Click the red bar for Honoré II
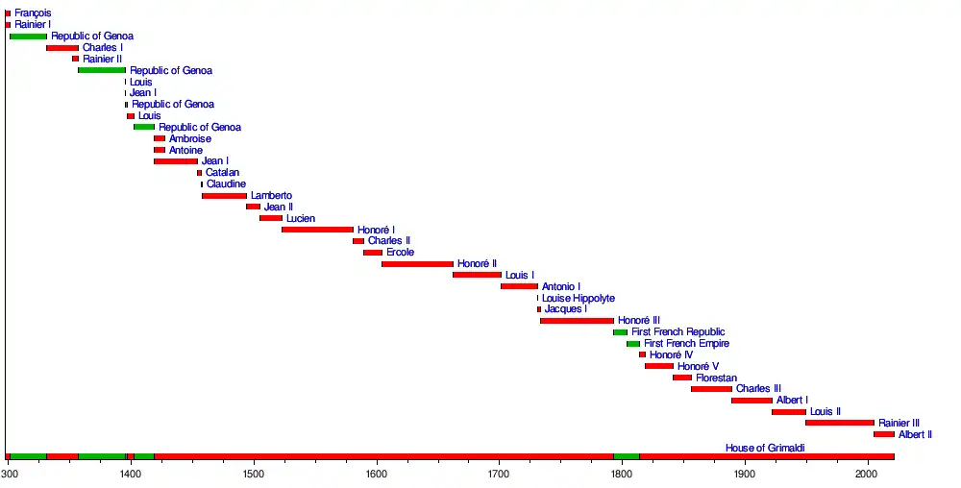pyautogui.click(x=417, y=263)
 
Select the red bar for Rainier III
pyautogui.click(x=840, y=423)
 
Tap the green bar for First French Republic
pyautogui.click(x=620, y=332)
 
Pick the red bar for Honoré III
pyautogui.click(x=577, y=321)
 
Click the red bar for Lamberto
pyautogui.click(x=224, y=196)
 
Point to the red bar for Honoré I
pyautogui.click(x=317, y=230)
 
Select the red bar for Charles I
pyautogui.click(x=62, y=48)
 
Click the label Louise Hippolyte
pyautogui.click(x=579, y=298)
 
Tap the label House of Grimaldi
pyautogui.click(x=765, y=449)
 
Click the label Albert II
pyautogui.click(x=915, y=434)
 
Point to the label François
pyautogui.click(x=34, y=13)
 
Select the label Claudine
pyautogui.click(x=226, y=184)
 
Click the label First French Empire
pyautogui.click(x=686, y=343)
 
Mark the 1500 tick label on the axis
pyautogui.click(x=253, y=475)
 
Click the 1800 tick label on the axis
pyautogui.click(x=621, y=475)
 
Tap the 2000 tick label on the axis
pyautogui.click(x=867, y=475)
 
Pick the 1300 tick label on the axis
pyautogui.click(x=9, y=475)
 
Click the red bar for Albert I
pyautogui.click(x=752, y=401)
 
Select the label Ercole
pyautogui.click(x=400, y=252)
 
